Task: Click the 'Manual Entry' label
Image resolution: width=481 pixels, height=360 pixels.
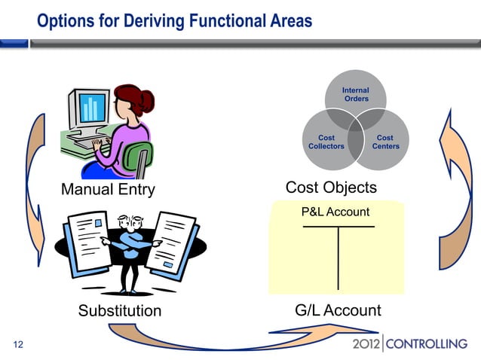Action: (107, 189)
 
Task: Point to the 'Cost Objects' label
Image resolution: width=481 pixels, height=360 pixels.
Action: (331, 187)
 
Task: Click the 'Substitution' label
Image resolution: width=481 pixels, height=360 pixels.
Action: (120, 310)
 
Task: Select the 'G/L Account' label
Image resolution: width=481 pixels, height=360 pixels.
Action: (338, 310)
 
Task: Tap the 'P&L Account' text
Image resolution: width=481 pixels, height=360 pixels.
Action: (335, 212)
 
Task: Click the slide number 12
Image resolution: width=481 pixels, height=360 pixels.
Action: (19, 345)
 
